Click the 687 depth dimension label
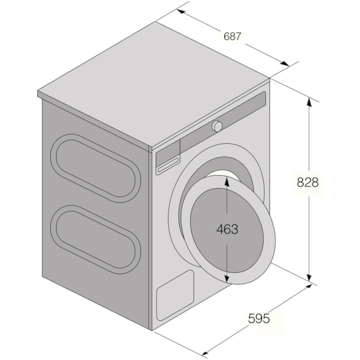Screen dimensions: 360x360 pyautogui.click(x=232, y=37)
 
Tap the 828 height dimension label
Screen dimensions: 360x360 pyautogui.click(x=308, y=183)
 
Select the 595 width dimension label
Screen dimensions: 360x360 pyautogui.click(x=259, y=319)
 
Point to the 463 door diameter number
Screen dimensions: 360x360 pyautogui.click(x=227, y=229)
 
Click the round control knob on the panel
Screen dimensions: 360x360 pyautogui.click(x=217, y=126)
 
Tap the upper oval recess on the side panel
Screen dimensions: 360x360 pyautogui.click(x=96, y=168)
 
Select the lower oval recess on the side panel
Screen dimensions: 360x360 pyautogui.click(x=96, y=239)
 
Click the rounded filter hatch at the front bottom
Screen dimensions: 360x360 pyautogui.click(x=175, y=295)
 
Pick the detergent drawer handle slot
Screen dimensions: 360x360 pyautogui.click(x=168, y=165)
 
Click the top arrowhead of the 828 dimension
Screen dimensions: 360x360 pyautogui.click(x=309, y=101)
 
